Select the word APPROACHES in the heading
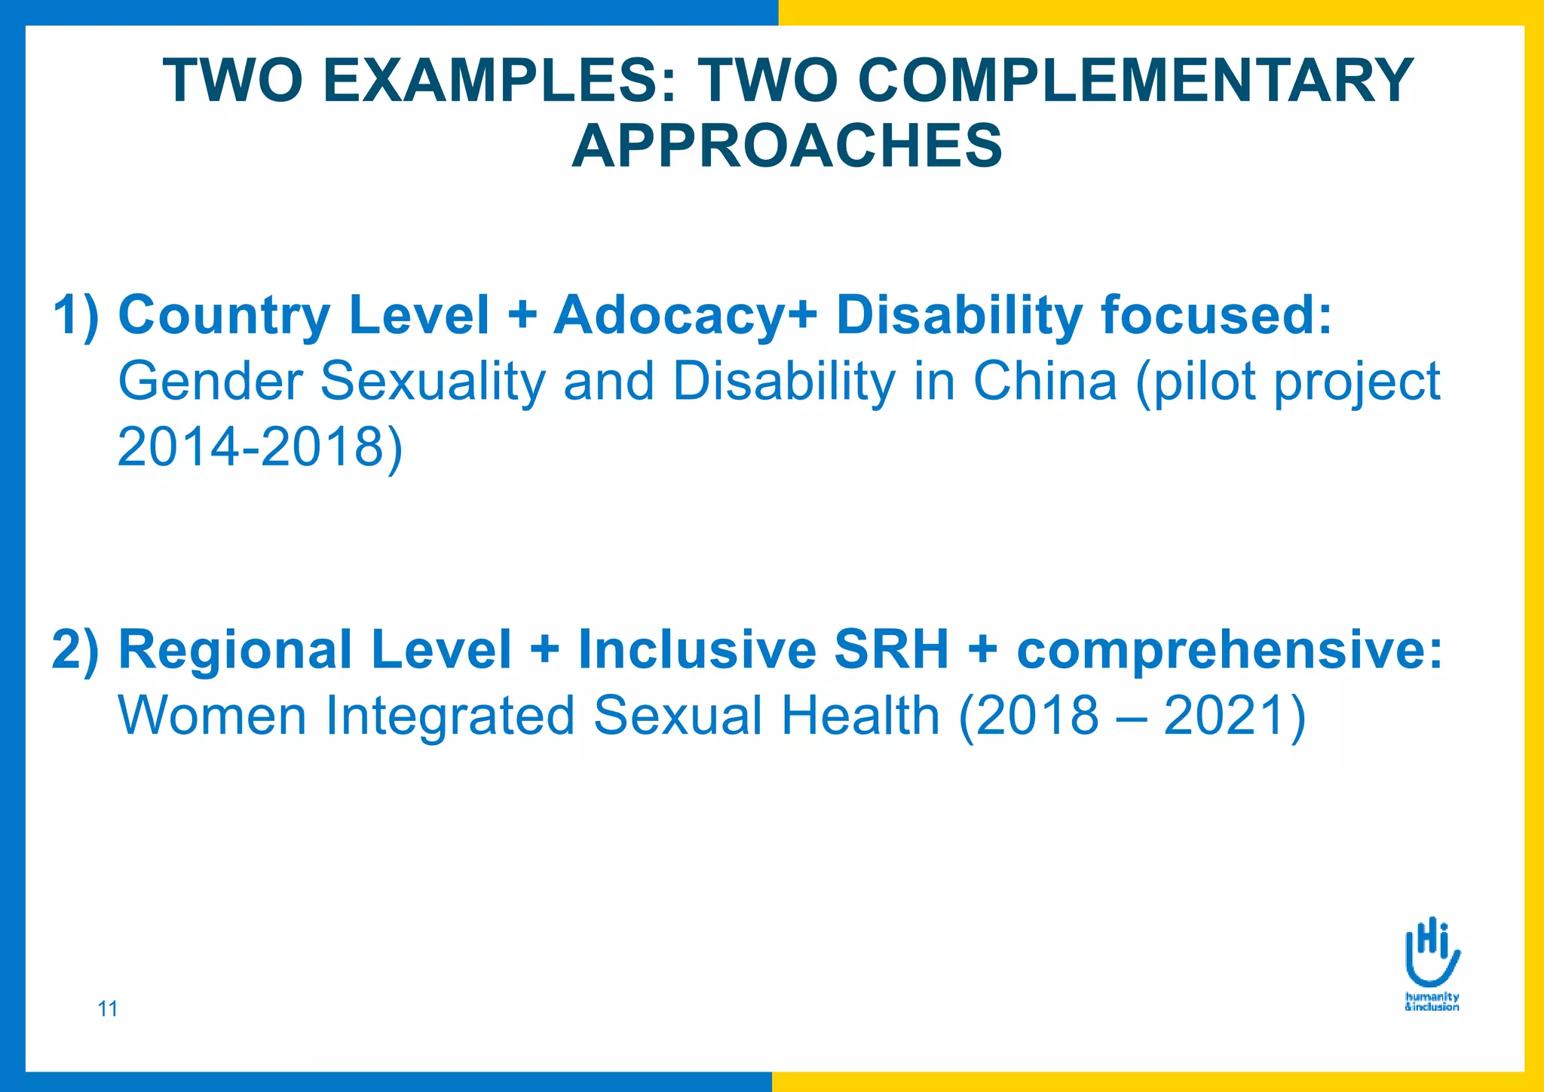[x=787, y=146]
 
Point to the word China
[x=1045, y=381]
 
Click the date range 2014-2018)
[x=260, y=446]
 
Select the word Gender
[x=210, y=381]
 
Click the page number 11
[x=108, y=1008]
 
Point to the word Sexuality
[x=433, y=381]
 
